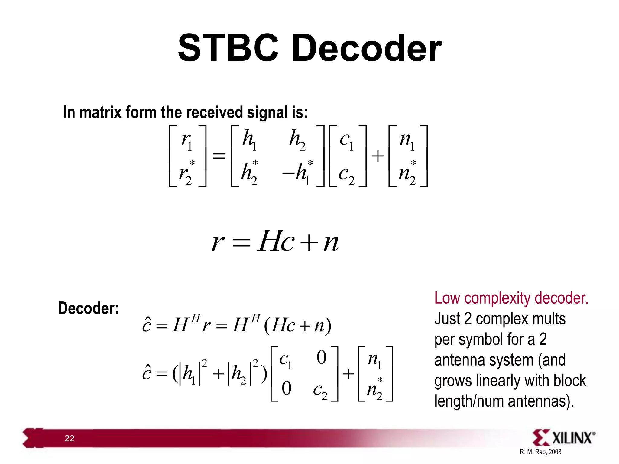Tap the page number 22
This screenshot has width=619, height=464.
click(69, 438)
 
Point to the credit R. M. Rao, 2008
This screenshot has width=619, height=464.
click(540, 452)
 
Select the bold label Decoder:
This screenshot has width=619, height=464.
click(88, 308)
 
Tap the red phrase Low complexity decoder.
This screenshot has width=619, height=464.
click(511, 298)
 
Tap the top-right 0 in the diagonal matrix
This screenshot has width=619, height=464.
click(321, 357)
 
